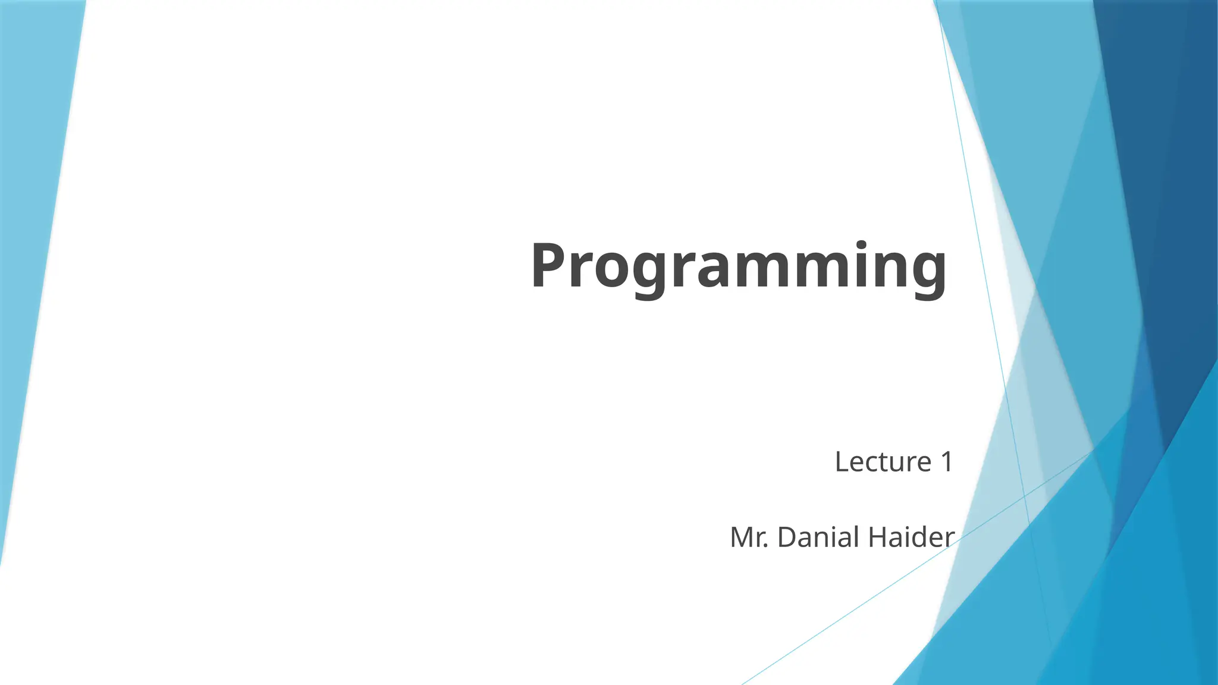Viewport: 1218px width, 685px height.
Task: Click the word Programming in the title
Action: (738, 266)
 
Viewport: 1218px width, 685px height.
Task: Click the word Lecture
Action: (883, 462)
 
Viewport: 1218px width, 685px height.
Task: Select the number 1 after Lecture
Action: (946, 462)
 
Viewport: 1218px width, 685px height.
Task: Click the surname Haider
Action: (911, 538)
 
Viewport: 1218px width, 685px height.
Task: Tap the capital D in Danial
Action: (787, 538)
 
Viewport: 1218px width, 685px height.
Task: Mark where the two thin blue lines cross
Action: (1024, 495)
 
